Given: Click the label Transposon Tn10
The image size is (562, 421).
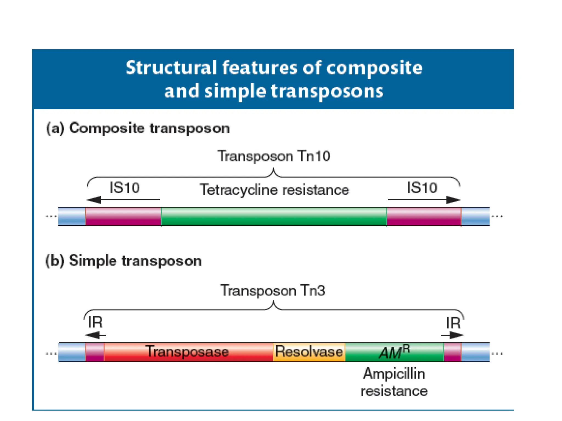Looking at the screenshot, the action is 274,156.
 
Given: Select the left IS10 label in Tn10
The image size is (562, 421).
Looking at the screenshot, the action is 125,188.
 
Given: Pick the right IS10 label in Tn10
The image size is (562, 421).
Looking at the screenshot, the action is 422,188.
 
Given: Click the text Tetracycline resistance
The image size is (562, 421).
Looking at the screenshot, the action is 274,190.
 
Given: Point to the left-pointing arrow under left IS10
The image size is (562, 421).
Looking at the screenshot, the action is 123,200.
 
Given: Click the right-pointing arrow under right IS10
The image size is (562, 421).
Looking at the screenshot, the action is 424,200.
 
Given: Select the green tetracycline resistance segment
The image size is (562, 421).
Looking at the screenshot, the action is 274,217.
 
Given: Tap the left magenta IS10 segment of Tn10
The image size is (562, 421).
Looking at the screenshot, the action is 123,217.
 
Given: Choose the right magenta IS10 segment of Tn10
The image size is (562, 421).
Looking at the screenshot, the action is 424,217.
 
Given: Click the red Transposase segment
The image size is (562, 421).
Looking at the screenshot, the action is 188,352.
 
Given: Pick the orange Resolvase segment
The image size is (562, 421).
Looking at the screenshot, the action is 309,352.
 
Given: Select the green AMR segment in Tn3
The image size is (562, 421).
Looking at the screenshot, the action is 394,352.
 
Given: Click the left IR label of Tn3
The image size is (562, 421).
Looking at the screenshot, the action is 95,322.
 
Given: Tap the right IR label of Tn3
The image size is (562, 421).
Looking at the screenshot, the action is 453,323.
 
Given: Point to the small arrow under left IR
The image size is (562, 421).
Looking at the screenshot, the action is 95,335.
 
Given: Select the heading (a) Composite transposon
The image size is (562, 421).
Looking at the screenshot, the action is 138,128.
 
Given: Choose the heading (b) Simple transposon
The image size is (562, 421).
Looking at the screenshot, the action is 123,260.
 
